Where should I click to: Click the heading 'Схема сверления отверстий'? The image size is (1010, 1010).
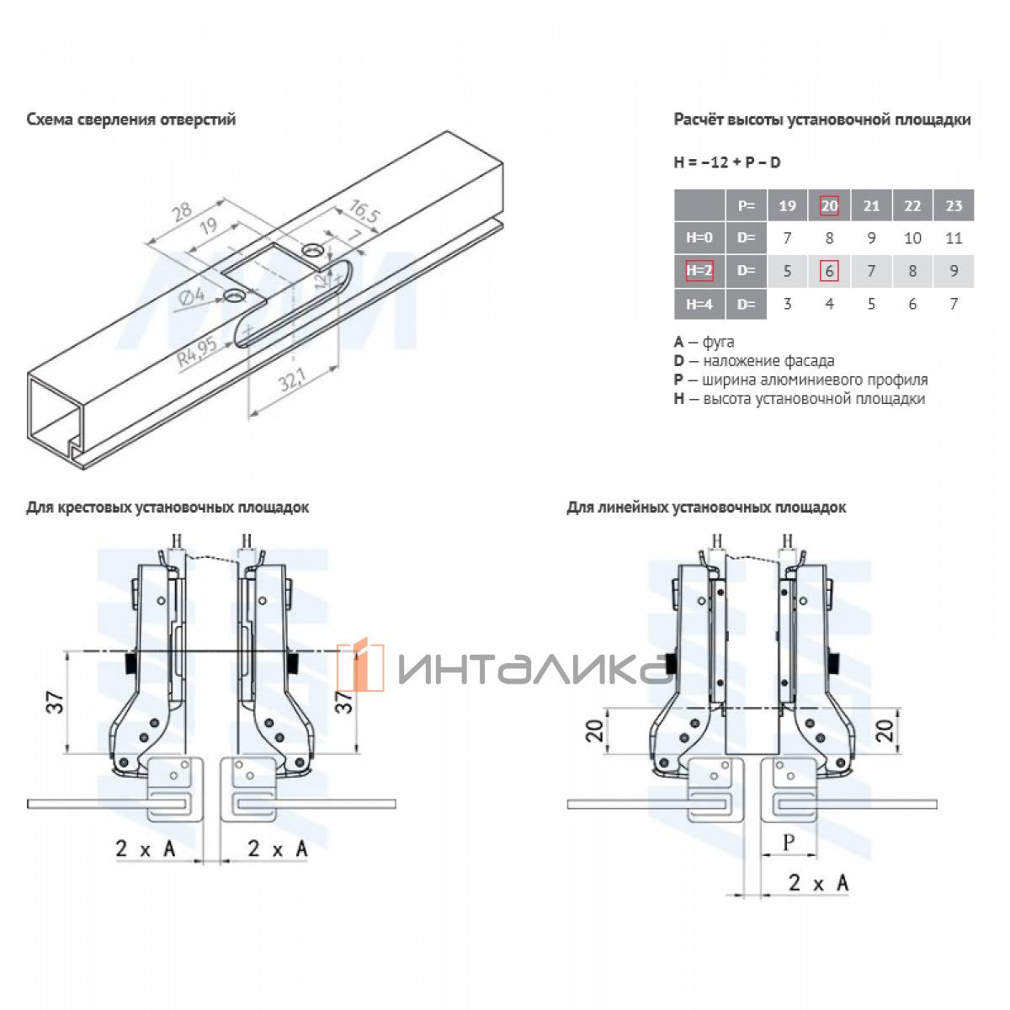pyautogui.click(x=130, y=120)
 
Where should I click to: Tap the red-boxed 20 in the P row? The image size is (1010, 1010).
pyautogui.click(x=829, y=205)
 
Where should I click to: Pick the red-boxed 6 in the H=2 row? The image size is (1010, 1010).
pyautogui.click(x=829, y=271)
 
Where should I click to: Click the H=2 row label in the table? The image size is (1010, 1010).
pyautogui.click(x=699, y=270)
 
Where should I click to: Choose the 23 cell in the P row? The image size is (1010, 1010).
pyautogui.click(x=954, y=205)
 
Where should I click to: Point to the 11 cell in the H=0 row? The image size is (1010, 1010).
pyautogui.click(x=954, y=238)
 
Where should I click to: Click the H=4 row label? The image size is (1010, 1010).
pyautogui.click(x=699, y=304)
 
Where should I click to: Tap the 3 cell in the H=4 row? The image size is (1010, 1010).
pyautogui.click(x=787, y=304)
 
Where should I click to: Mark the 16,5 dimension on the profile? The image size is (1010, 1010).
pyautogui.click(x=364, y=210)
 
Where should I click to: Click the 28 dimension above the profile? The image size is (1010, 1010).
pyautogui.click(x=182, y=211)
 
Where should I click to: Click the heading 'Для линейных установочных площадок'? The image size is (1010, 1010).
pyautogui.click(x=706, y=508)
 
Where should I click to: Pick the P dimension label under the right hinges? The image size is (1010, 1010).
pyautogui.click(x=789, y=843)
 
